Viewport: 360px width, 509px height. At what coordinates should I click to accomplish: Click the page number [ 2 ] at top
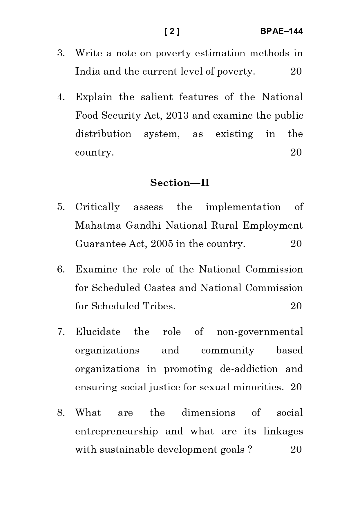172,31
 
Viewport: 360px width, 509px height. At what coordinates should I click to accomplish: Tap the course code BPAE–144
281,31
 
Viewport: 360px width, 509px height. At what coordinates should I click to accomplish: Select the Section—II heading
180,183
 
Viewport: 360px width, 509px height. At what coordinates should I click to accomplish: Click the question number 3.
61,53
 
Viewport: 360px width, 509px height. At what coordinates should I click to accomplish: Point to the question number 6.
61,270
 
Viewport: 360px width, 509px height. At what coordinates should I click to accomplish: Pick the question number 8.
61,413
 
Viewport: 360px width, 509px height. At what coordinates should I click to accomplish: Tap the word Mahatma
98,225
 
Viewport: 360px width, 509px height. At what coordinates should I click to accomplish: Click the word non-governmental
260,332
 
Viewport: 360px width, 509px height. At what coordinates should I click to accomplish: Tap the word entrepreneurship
116,432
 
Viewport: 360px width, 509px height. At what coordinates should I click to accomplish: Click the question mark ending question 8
250,450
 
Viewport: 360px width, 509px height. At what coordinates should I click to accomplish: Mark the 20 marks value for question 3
296,72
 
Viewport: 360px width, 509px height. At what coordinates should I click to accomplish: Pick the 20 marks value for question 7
296,387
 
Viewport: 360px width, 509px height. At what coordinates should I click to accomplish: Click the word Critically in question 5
97,207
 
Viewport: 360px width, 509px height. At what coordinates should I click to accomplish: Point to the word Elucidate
98,332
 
